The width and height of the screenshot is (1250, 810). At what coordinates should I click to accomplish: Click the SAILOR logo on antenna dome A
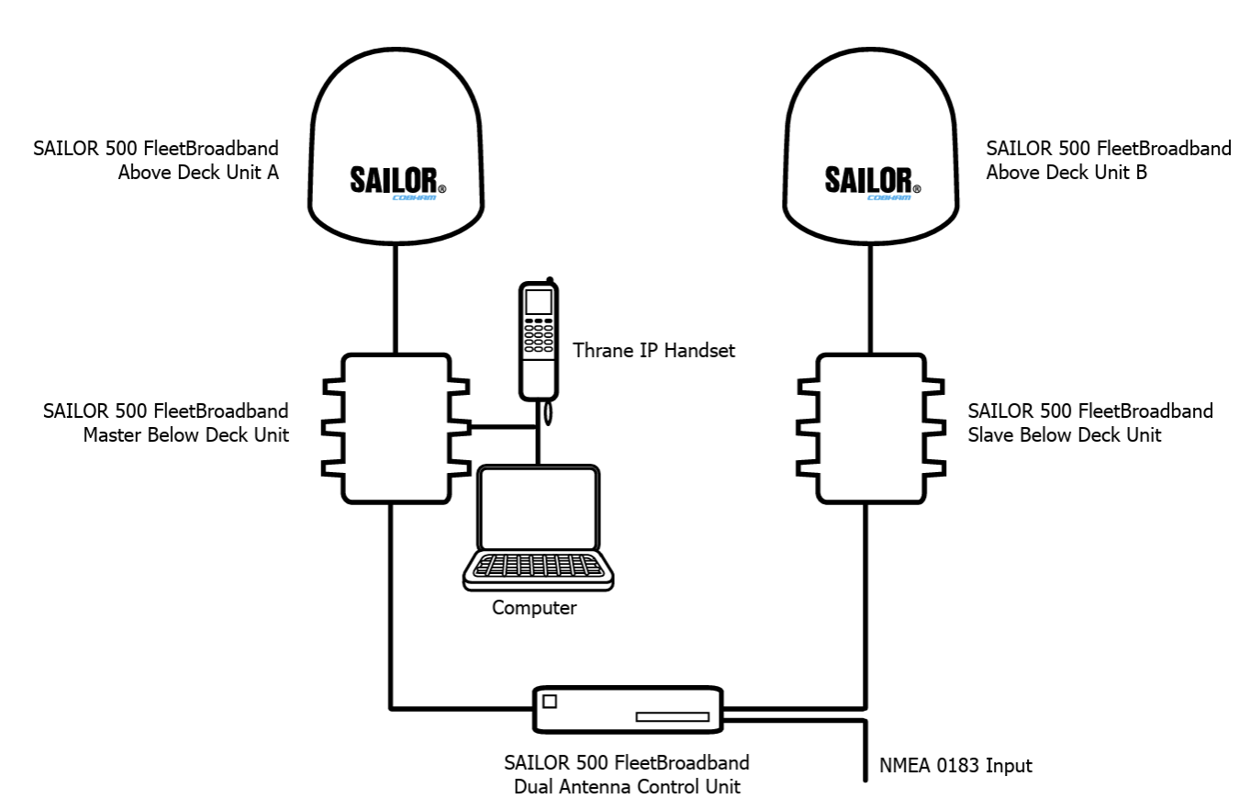coord(398,183)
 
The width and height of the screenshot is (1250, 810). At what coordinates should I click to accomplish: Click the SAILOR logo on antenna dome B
coord(873,183)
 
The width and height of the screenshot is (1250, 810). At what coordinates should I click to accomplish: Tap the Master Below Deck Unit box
coord(396,429)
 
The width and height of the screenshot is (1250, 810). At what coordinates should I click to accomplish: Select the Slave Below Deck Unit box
coord(871,429)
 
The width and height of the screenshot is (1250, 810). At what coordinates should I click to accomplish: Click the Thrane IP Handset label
coord(653,351)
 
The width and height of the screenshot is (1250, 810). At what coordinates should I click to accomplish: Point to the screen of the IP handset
coord(539,302)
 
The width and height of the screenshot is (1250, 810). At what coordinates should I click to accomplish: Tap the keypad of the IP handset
coord(539,335)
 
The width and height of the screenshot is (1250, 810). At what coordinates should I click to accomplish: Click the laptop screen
coord(539,509)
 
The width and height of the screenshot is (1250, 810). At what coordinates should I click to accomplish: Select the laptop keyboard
coord(539,566)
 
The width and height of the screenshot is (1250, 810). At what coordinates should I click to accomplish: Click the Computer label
coord(534,607)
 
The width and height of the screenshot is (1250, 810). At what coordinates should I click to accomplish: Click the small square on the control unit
coord(550,701)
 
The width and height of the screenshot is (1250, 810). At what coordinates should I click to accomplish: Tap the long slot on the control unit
coord(673,716)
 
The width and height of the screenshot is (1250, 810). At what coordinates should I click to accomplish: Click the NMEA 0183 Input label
coord(955,765)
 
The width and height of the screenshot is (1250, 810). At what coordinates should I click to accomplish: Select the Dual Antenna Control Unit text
coord(627,786)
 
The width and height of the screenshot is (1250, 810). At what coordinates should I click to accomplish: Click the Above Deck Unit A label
coord(198,172)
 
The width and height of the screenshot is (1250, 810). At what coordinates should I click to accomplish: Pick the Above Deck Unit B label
coord(1066,172)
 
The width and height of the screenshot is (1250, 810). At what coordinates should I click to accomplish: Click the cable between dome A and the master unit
coord(396,298)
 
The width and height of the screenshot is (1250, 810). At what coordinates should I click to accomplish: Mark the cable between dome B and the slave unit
coord(871,298)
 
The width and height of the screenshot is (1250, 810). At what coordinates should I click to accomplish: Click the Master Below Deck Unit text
coord(185,435)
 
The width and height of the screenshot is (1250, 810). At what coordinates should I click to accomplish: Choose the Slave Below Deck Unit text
coord(1065,435)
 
